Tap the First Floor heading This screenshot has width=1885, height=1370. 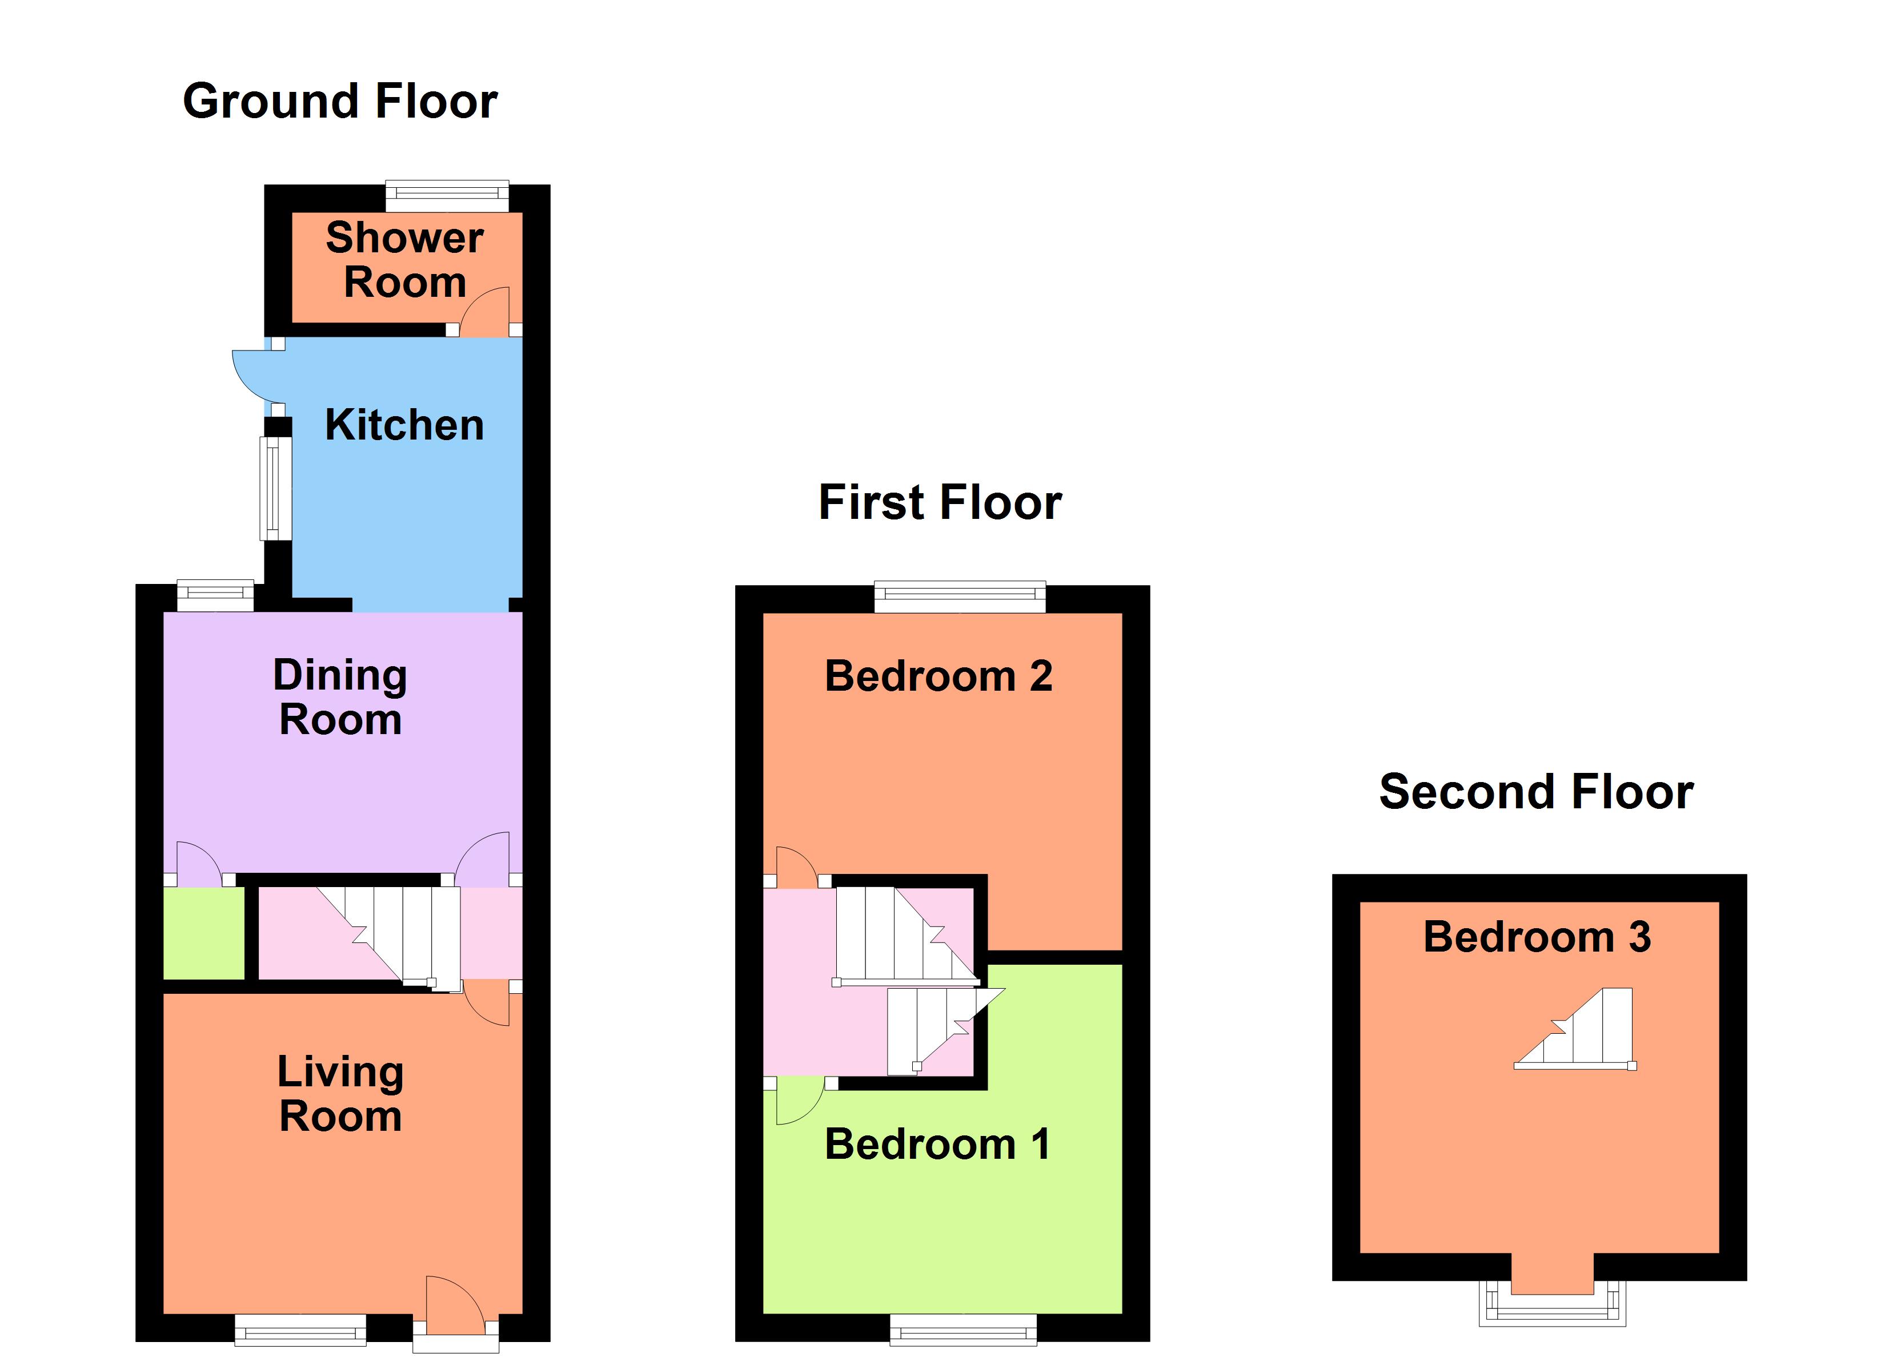click(x=940, y=503)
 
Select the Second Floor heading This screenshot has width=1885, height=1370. click(x=1536, y=792)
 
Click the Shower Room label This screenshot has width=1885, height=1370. click(x=405, y=260)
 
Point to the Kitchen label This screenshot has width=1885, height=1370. click(x=405, y=425)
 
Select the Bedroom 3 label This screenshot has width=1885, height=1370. click(x=1537, y=937)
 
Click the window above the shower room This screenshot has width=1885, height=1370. click(x=447, y=195)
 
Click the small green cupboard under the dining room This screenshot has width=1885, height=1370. click(x=203, y=933)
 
